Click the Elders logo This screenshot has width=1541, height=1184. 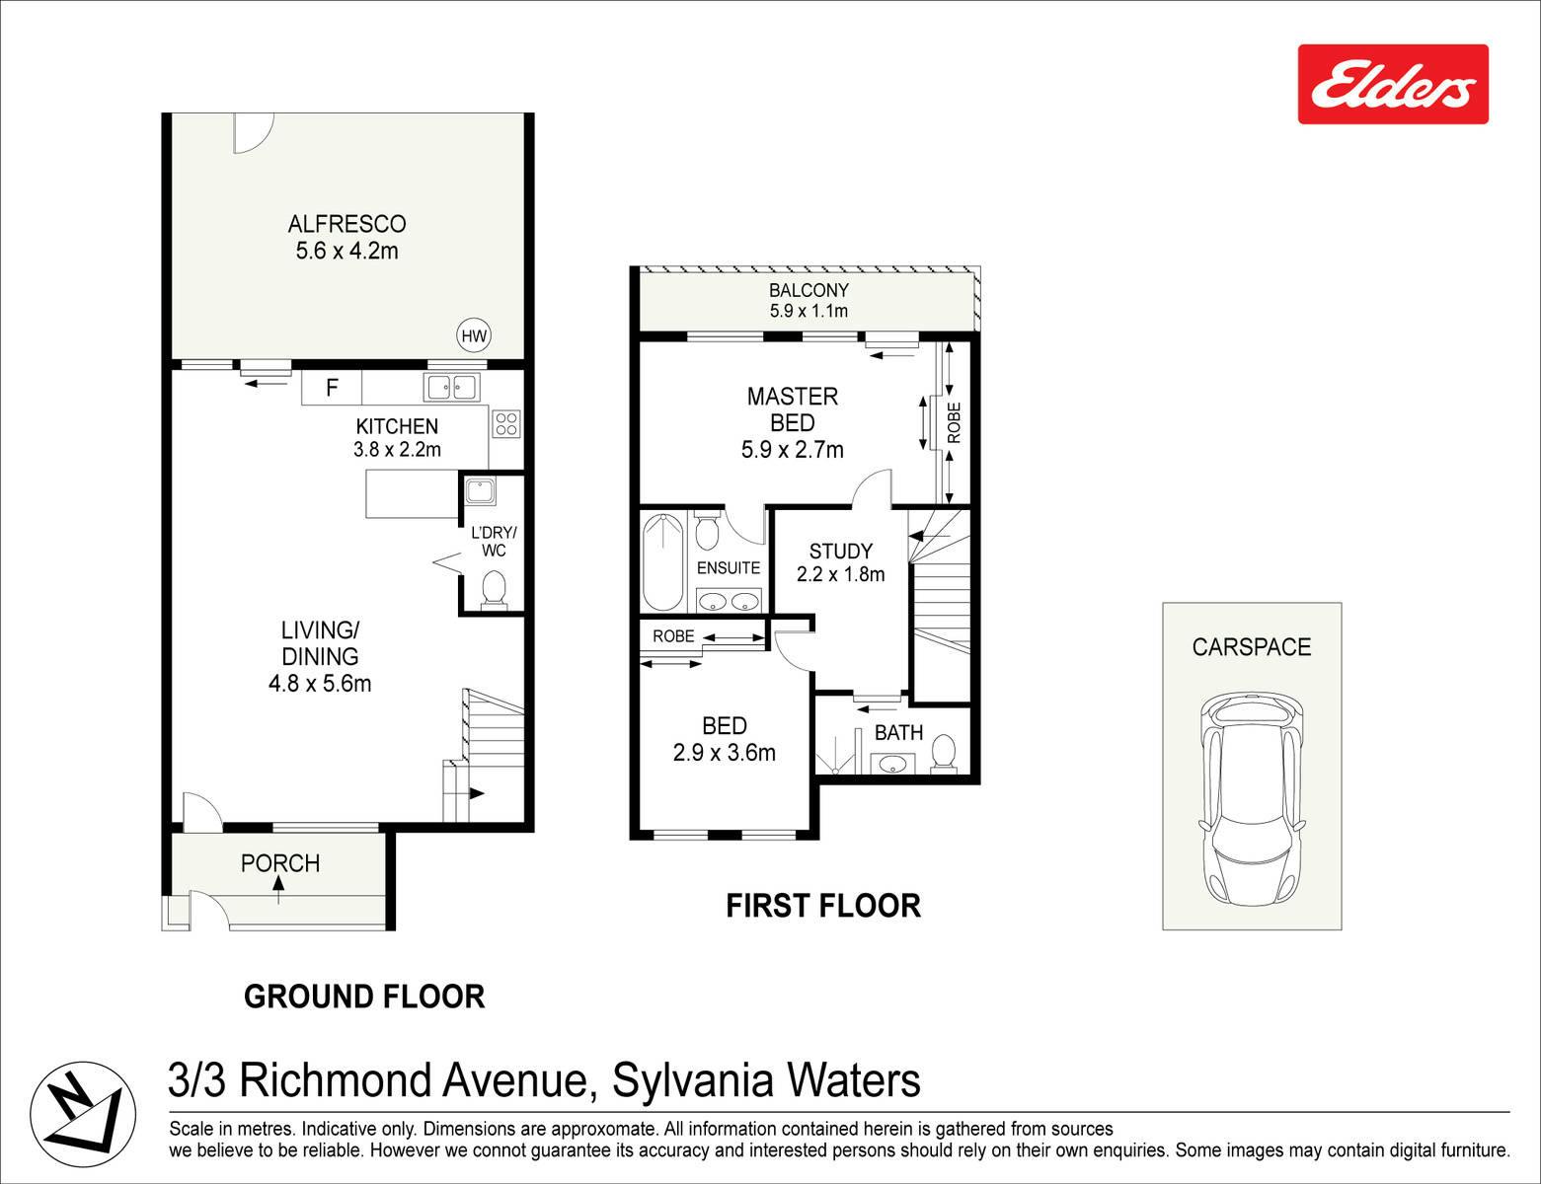[1393, 84]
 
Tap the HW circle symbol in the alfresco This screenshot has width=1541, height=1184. [474, 335]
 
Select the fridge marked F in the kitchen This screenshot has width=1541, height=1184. [332, 387]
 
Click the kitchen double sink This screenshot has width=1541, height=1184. [452, 387]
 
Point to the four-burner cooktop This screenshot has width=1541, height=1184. [506, 423]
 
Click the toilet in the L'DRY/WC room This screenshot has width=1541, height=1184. [494, 589]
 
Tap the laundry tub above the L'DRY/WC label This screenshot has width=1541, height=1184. [480, 491]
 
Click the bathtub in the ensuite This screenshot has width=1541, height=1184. [663, 561]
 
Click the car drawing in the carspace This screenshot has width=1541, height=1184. [1252, 799]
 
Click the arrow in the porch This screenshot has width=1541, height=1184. [278, 889]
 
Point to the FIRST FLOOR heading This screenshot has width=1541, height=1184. [823, 906]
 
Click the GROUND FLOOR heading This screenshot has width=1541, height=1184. [364, 997]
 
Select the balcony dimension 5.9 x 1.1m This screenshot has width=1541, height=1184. [809, 311]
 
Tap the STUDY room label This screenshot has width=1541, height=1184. [841, 551]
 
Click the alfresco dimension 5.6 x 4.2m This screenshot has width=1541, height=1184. [347, 251]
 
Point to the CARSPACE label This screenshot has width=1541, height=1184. [1252, 647]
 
